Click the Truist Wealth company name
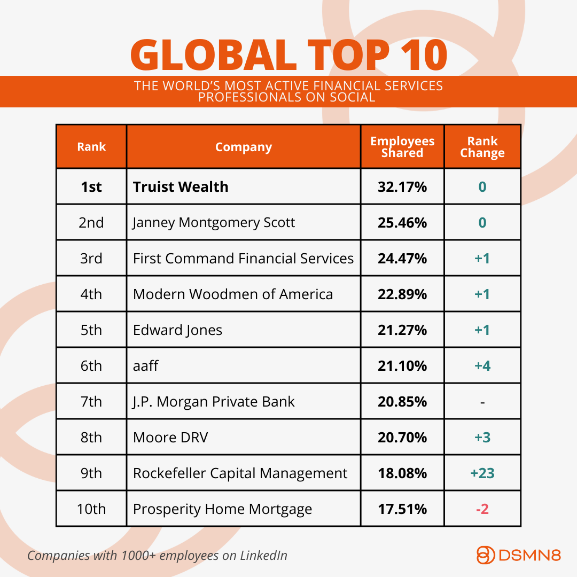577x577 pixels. (181, 187)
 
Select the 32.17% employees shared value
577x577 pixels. (402, 187)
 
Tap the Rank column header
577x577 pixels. (91, 147)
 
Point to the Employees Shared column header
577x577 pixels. (402, 147)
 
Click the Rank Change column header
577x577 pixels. (482, 147)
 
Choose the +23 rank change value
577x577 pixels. (482, 473)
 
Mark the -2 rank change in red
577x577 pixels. (482, 509)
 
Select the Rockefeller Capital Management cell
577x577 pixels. (240, 473)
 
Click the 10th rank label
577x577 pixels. (91, 509)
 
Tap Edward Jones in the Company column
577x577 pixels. (177, 330)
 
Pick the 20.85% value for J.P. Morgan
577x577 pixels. (402, 402)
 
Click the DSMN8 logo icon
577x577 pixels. (485, 555)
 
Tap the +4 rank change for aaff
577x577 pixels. (482, 366)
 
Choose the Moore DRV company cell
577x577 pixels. (170, 438)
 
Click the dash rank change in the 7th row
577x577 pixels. (482, 402)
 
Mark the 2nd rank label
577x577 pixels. (91, 223)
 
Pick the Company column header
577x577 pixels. (244, 147)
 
